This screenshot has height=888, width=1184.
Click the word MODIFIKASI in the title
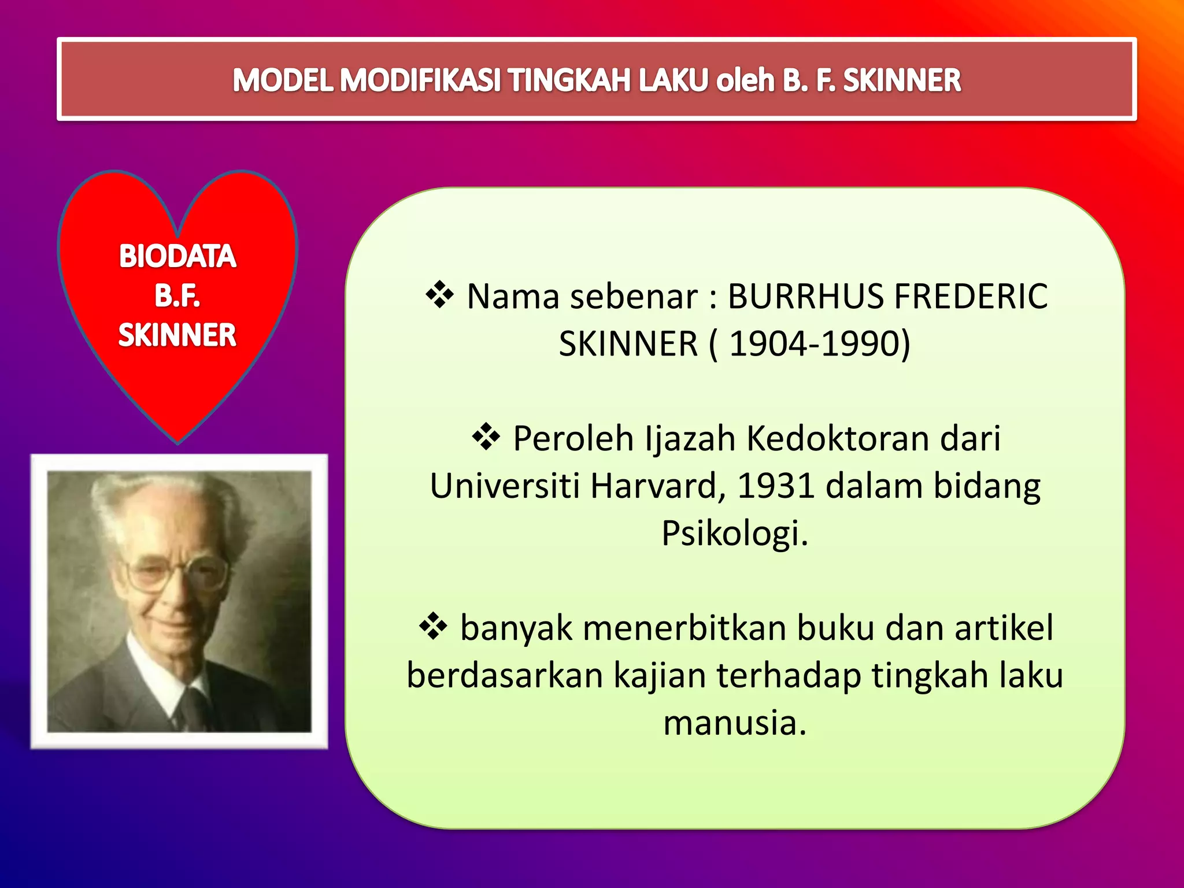click(x=420, y=80)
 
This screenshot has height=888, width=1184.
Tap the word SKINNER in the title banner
click(x=902, y=80)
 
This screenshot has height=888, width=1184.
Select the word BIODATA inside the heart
click(x=177, y=256)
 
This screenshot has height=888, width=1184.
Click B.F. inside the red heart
click(x=177, y=295)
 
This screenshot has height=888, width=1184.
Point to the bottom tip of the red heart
click(x=178, y=442)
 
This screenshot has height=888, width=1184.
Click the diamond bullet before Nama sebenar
click(x=440, y=295)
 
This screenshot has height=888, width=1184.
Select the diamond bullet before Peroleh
click(x=486, y=437)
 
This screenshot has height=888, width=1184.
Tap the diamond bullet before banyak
click(x=434, y=627)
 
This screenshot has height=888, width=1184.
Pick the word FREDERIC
click(x=971, y=297)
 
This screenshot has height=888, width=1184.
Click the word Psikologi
click(x=734, y=533)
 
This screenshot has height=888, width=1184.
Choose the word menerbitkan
click(x=684, y=628)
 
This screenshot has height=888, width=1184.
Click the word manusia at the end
click(x=734, y=723)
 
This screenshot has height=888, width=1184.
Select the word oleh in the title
click(x=745, y=80)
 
